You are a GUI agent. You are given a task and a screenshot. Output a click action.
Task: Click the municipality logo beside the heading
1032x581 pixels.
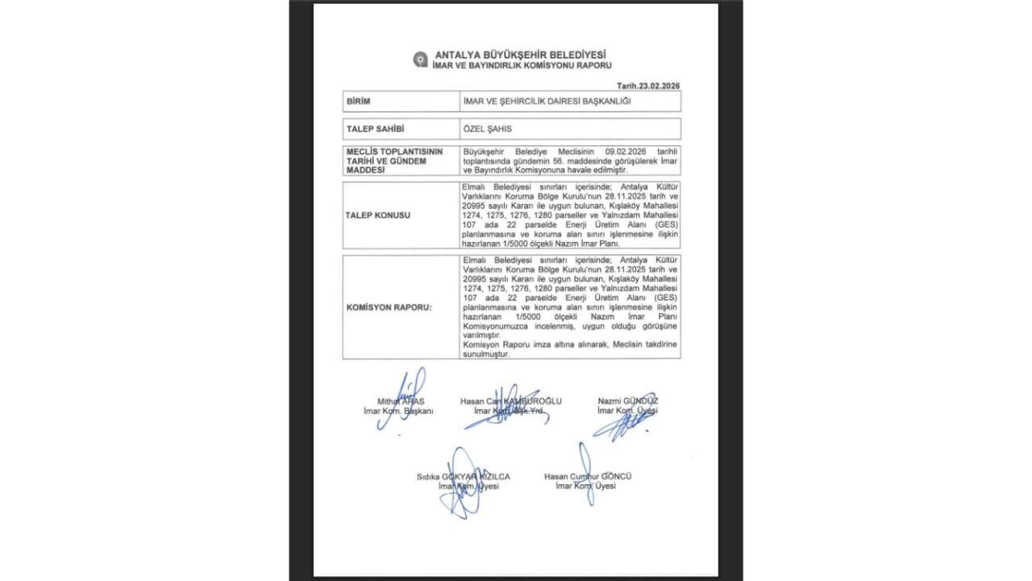(420, 60)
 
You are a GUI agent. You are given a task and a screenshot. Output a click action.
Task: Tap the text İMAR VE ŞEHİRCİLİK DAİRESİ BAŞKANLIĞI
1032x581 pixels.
(546, 102)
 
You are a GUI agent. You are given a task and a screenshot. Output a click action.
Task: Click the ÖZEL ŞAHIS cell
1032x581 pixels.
(487, 129)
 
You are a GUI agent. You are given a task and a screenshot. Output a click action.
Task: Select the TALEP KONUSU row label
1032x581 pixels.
(378, 215)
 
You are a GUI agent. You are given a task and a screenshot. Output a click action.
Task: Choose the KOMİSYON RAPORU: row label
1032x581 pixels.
(389, 307)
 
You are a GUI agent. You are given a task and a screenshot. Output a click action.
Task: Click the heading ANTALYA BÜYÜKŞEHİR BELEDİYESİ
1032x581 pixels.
(520, 54)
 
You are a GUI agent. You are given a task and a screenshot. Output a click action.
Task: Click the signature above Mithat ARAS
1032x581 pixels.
(406, 391)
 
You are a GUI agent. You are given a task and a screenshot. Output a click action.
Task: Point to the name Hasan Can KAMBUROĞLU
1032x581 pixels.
(511, 401)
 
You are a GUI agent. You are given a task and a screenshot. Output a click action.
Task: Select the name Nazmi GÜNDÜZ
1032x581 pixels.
(627, 401)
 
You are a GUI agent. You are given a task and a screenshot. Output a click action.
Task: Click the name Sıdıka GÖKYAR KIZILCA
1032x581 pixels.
(463, 477)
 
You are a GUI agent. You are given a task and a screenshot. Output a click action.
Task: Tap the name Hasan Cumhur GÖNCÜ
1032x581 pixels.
(588, 477)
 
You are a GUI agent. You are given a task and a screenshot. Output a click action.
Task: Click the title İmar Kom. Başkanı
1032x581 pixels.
(398, 411)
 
